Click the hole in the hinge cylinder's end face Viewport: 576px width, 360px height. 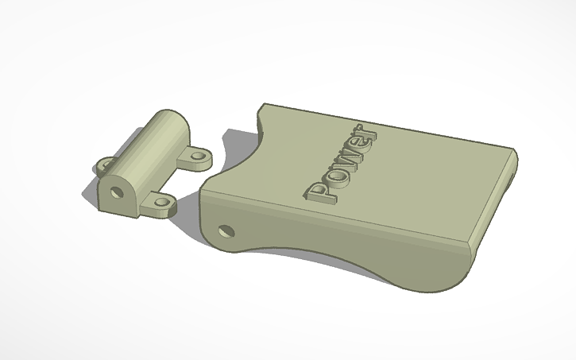point(116,192)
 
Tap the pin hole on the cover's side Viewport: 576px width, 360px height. point(226,230)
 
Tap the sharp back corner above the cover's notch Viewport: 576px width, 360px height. point(263,106)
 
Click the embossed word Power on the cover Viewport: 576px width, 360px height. point(342,163)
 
